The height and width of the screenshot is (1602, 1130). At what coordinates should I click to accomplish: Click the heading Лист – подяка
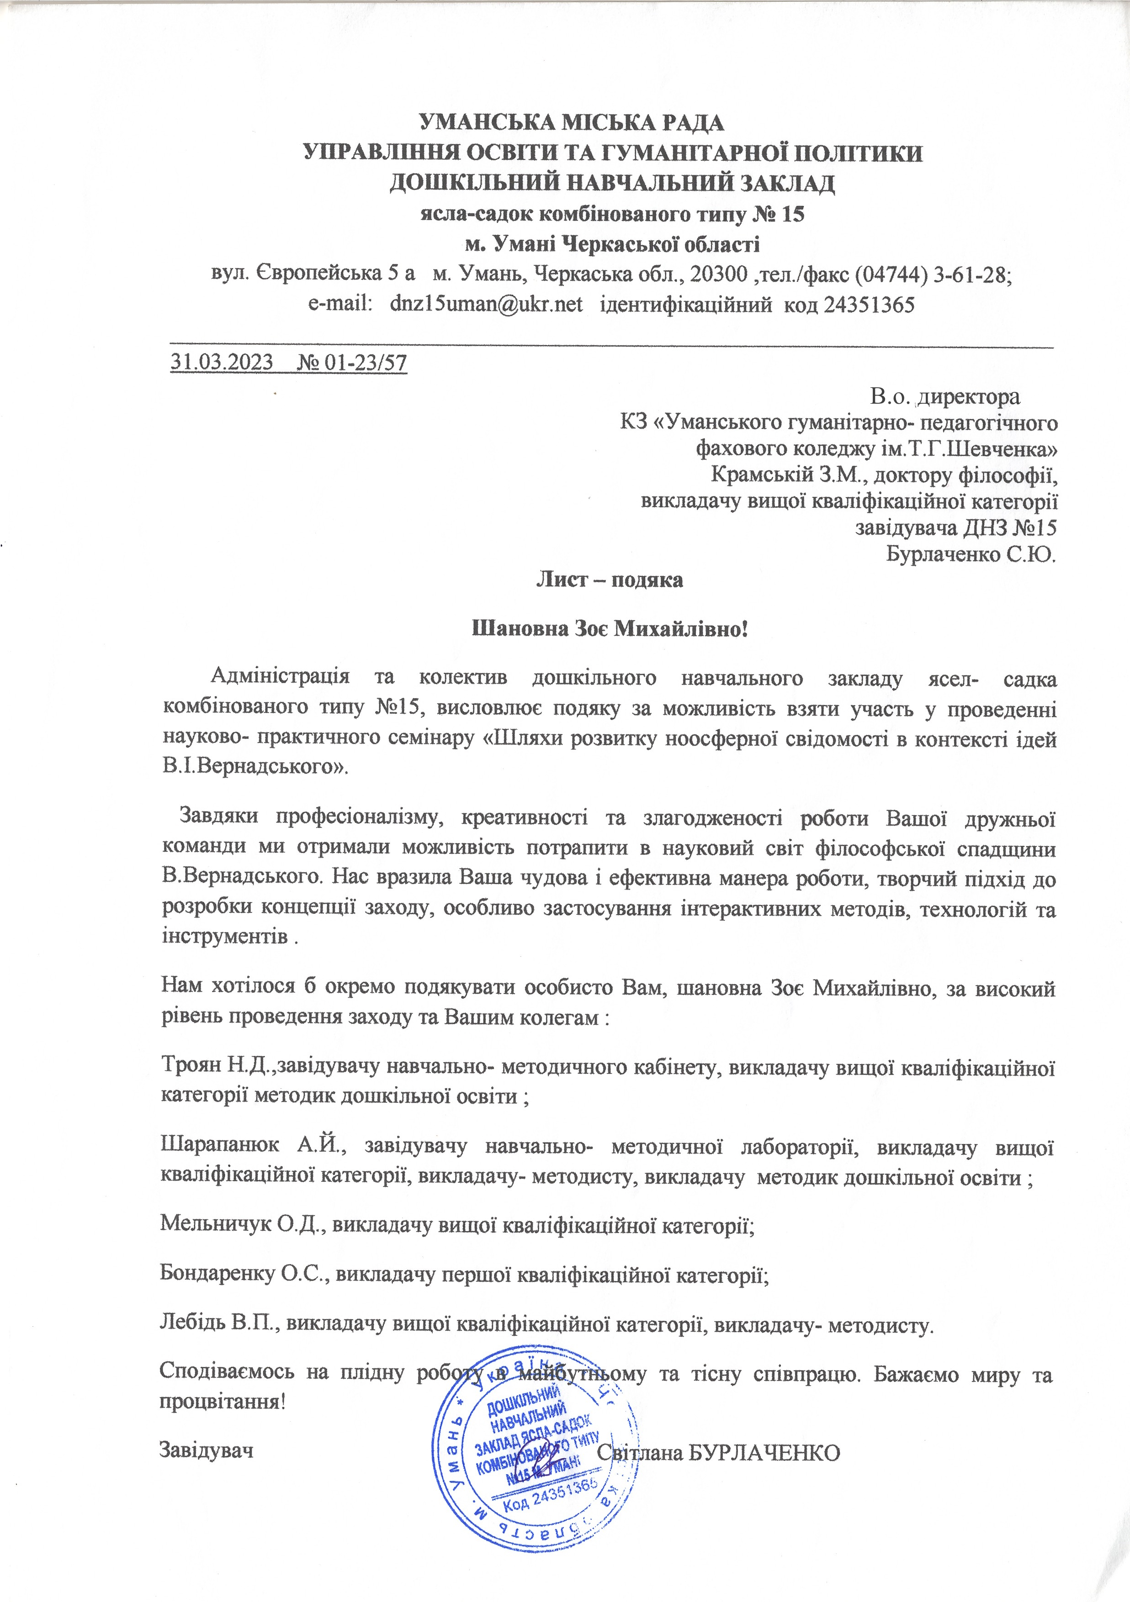[609, 579]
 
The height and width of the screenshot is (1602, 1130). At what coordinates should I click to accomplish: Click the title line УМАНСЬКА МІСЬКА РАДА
[572, 123]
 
